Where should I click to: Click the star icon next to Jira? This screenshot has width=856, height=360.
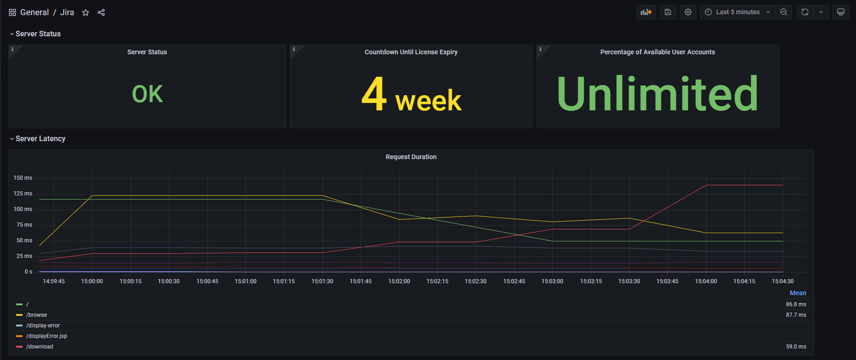86,12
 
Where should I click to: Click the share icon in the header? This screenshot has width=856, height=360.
101,12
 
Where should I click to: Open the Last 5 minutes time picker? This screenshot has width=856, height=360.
737,12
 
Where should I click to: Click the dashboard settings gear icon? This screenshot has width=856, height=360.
688,12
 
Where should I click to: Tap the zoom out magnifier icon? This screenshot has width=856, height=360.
784,12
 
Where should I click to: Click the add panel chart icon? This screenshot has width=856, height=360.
646,12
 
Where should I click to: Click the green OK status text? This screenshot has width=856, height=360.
147,94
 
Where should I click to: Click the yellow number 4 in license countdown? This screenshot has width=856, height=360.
373,94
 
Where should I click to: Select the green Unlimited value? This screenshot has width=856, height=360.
657,94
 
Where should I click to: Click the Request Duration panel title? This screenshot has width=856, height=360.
411,157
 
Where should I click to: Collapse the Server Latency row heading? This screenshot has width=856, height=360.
40,139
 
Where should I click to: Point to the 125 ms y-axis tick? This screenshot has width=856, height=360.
23,194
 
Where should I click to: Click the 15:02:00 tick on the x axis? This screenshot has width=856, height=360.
399,281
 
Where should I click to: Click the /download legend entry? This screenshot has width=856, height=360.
40,347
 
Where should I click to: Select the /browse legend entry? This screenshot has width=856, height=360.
36,315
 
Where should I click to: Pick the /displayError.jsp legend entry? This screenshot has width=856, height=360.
46,336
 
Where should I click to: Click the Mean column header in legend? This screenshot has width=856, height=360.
798,293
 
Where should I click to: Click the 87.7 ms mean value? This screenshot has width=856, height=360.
796,315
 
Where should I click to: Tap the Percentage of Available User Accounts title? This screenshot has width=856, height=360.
657,52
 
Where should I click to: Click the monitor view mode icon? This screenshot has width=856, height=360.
840,12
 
